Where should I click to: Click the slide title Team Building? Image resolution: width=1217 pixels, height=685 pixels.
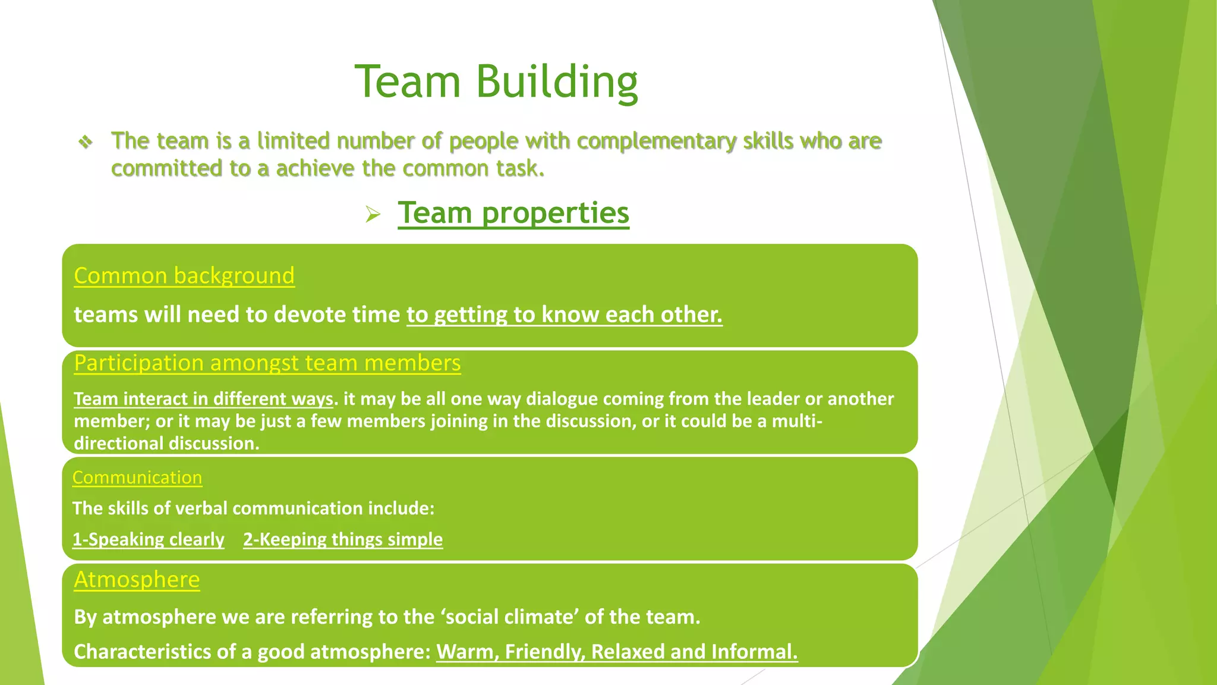[496, 81]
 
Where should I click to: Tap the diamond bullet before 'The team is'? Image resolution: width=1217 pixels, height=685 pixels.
[86, 142]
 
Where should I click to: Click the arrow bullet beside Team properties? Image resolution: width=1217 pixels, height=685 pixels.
[373, 214]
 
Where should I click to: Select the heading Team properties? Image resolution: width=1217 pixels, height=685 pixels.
[513, 213]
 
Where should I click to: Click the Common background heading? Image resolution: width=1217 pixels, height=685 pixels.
[184, 276]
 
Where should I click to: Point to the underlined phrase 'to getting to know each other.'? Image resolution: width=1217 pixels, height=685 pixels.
[564, 315]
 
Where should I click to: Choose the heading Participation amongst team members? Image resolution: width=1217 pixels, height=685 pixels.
[267, 363]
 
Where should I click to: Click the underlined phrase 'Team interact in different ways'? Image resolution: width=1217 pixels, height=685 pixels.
[203, 398]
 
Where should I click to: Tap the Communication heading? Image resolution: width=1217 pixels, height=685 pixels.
[137, 477]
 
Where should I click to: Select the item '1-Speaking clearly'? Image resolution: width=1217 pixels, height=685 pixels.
[149, 539]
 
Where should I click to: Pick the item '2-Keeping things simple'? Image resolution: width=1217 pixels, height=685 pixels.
[343, 539]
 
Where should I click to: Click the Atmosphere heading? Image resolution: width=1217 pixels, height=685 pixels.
[137, 580]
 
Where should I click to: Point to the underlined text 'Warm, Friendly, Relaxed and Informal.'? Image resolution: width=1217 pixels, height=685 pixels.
[617, 652]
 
